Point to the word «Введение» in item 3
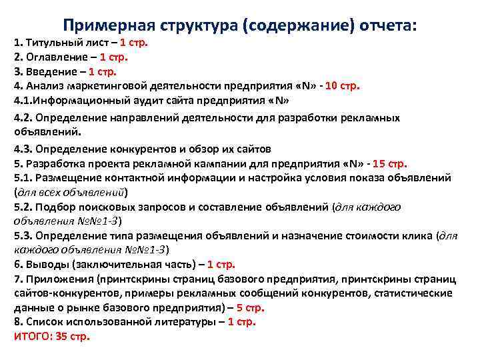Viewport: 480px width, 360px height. point(49,72)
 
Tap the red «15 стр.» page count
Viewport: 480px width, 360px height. point(390,163)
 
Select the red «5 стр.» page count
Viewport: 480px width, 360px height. point(250,307)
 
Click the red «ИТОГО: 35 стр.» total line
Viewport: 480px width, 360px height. point(51,337)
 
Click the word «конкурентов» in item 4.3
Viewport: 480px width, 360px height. point(141,149)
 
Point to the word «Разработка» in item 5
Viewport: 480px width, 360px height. point(53,163)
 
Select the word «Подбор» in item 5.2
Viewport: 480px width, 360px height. point(54,207)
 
